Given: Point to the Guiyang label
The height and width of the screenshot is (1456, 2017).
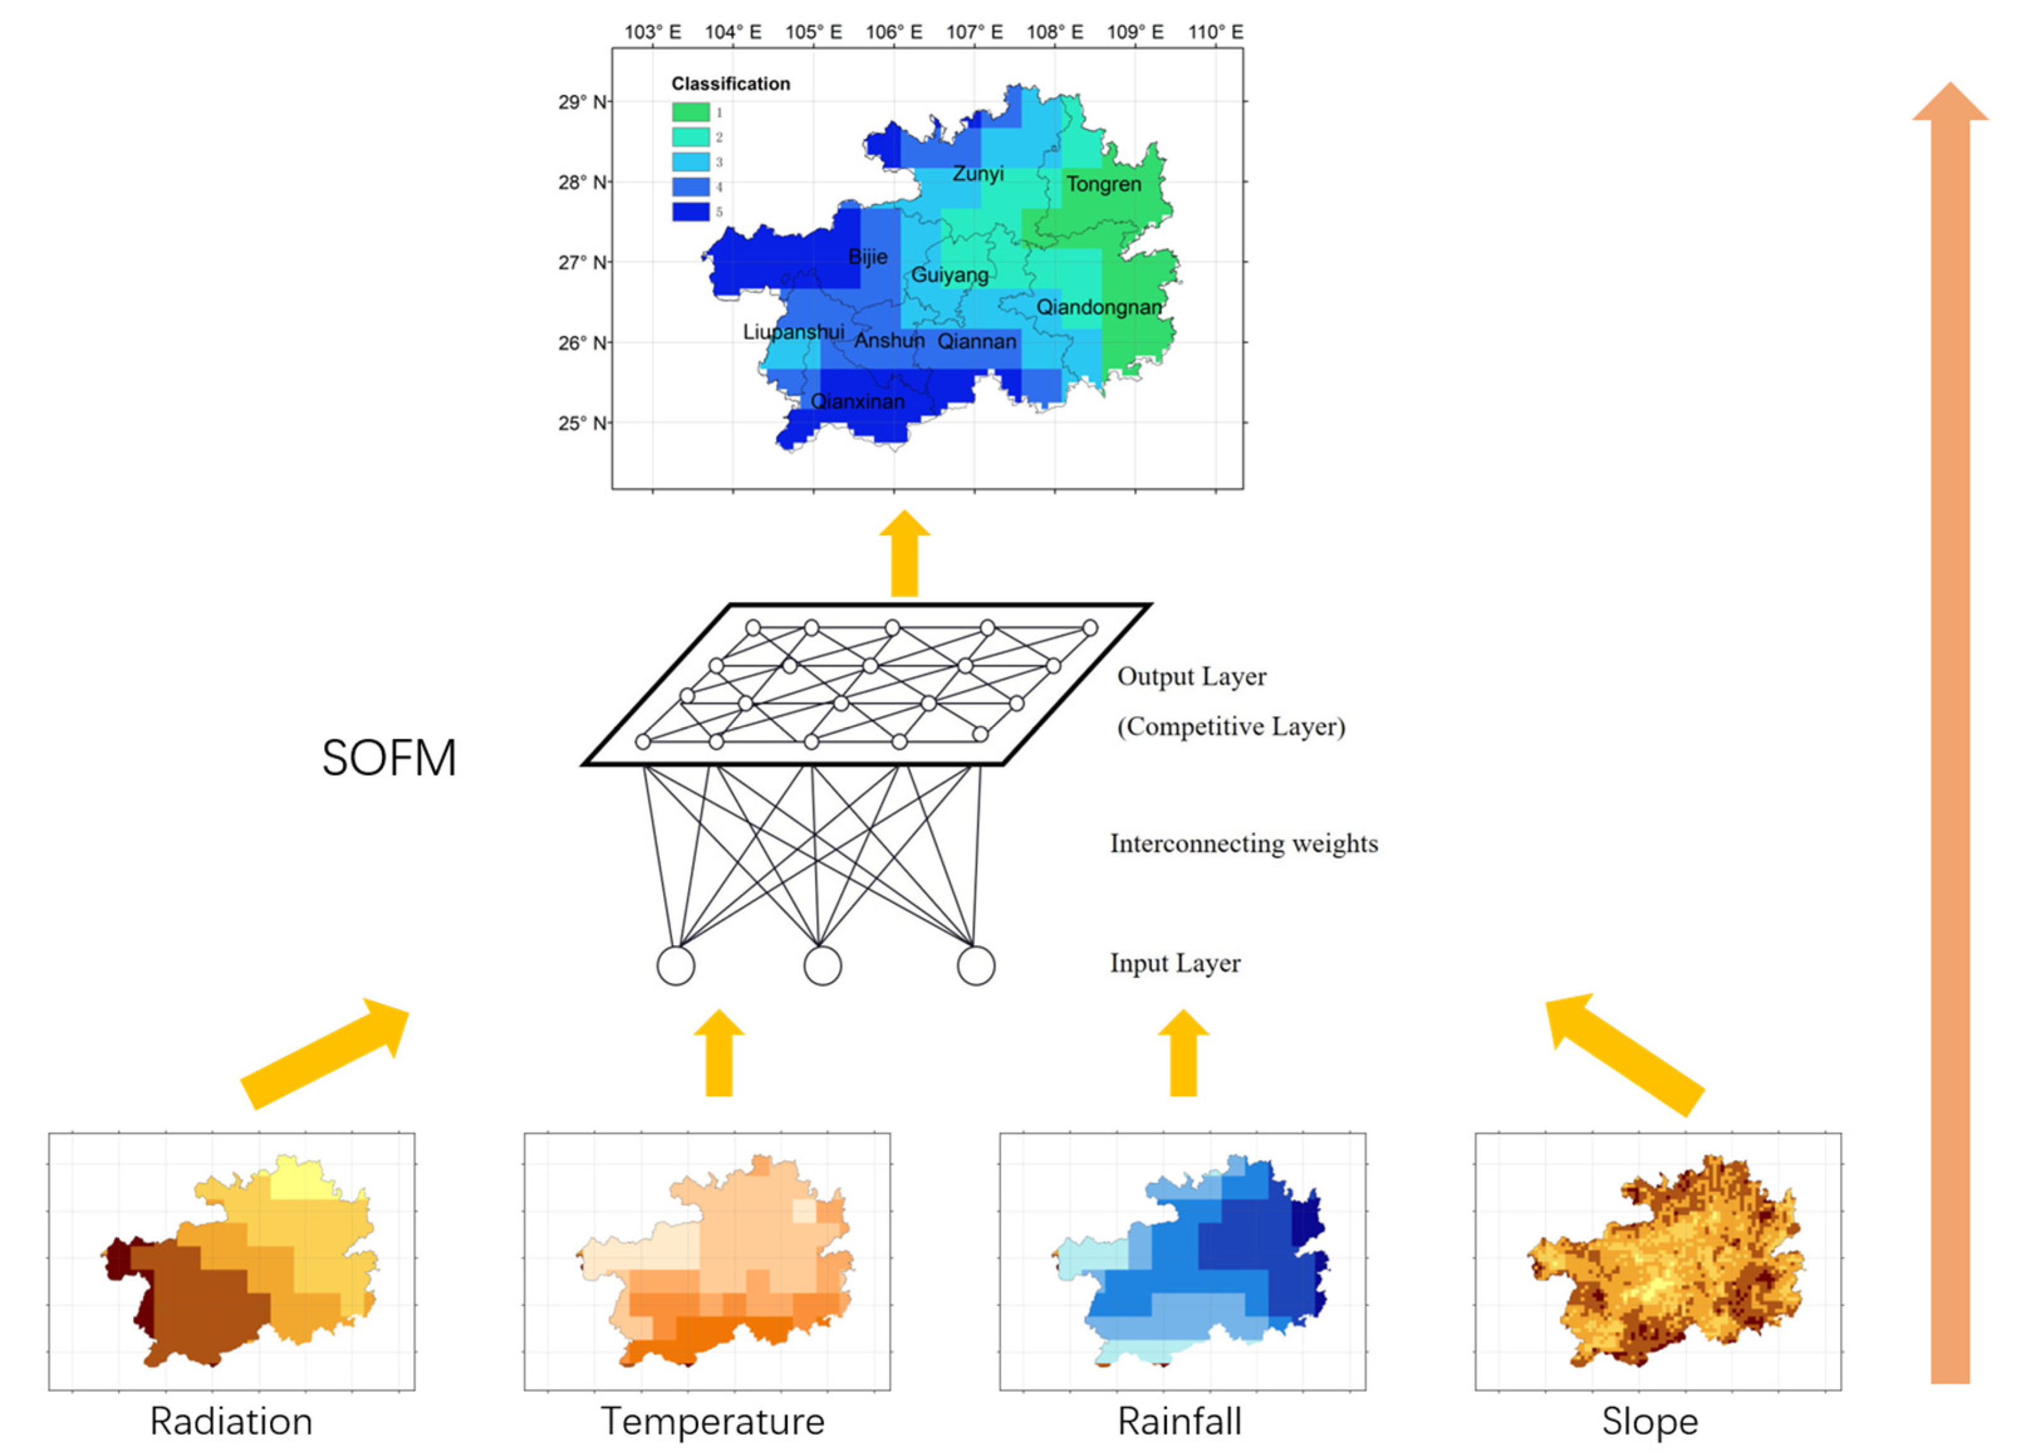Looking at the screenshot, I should tap(949, 275).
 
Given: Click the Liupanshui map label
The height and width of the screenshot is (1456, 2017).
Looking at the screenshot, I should tap(793, 332).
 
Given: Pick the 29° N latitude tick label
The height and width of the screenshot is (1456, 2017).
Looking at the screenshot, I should tap(583, 102).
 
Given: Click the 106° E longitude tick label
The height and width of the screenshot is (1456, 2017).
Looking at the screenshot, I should tap(894, 32).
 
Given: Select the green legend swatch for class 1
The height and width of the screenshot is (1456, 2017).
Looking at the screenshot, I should tap(690, 112).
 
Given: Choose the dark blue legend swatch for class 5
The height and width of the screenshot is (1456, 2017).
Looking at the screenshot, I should tap(690, 212).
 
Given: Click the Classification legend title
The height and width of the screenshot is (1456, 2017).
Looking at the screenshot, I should tap(730, 84).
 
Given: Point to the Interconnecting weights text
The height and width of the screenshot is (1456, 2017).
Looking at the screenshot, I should tap(1243, 843).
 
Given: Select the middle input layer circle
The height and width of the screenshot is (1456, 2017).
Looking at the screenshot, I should tap(822, 966).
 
